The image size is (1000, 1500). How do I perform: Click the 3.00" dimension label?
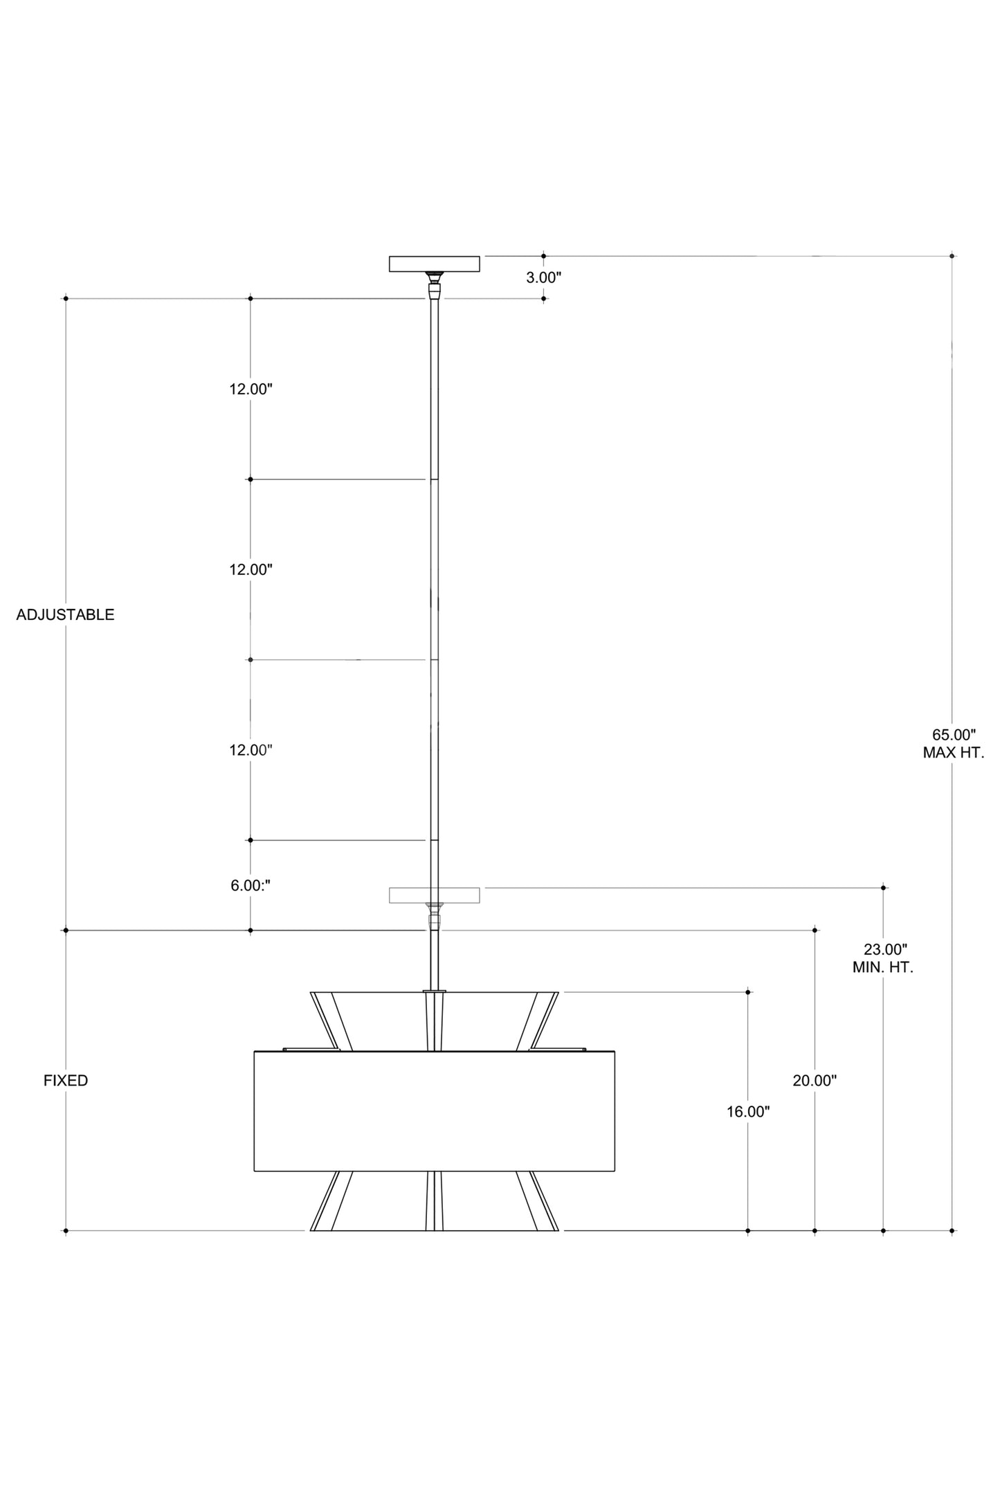pos(543,278)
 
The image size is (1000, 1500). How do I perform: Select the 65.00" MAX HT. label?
pos(953,744)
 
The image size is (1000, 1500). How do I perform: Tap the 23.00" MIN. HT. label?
pos(884,958)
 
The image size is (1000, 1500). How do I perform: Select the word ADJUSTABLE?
pos(65,614)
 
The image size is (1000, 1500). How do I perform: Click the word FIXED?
pos(66,1081)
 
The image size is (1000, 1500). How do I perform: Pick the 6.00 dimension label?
pos(251,886)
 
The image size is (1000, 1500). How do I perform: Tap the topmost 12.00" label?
pos(251,389)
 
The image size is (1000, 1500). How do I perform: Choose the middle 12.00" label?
pos(251,569)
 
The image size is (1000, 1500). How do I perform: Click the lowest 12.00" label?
pos(251,750)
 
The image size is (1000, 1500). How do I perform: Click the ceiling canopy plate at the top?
pos(435,264)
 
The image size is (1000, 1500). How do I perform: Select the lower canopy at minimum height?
pos(435,895)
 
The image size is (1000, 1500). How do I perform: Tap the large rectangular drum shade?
pos(435,1111)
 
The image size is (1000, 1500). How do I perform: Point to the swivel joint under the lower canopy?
pos(435,917)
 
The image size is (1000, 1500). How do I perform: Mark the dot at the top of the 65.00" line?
pos(952,256)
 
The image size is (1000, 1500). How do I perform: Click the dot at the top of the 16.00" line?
pos(748,992)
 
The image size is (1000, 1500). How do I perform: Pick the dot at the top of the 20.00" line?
pos(815,931)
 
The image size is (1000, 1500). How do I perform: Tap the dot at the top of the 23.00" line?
pos(883,887)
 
